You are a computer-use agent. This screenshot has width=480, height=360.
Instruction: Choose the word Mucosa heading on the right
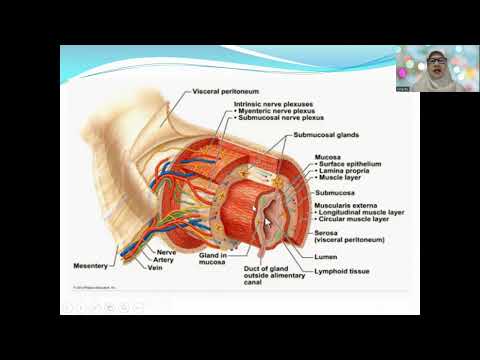click(328, 157)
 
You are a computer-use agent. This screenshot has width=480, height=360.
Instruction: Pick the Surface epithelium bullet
click(347, 164)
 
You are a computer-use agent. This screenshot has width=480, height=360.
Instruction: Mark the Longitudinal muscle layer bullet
click(361, 212)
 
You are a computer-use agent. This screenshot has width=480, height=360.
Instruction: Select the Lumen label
click(326, 255)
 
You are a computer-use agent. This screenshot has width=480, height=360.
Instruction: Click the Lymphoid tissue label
click(339, 270)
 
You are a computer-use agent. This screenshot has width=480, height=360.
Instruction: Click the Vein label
click(155, 267)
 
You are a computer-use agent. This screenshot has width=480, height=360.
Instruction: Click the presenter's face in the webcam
click(437, 66)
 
